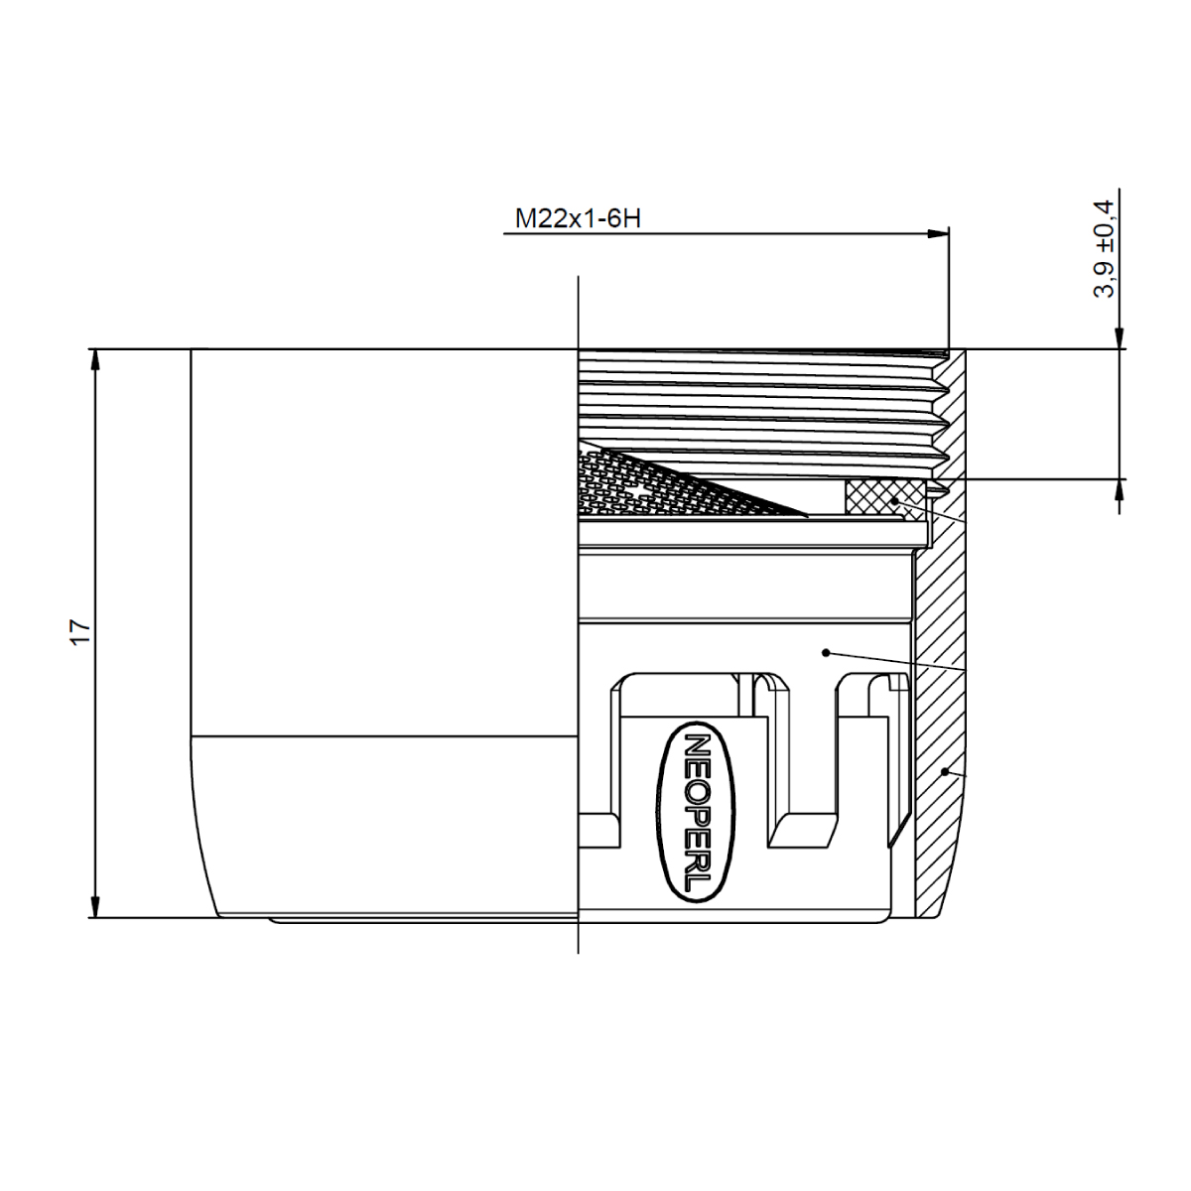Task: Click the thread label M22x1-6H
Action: tap(578, 218)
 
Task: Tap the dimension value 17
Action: tap(81, 632)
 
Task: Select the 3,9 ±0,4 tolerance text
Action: tap(1104, 249)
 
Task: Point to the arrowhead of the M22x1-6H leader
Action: tap(937, 233)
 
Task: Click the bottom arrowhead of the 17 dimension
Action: tap(95, 906)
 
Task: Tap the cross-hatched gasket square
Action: tap(884, 497)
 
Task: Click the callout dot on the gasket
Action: tap(894, 500)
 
